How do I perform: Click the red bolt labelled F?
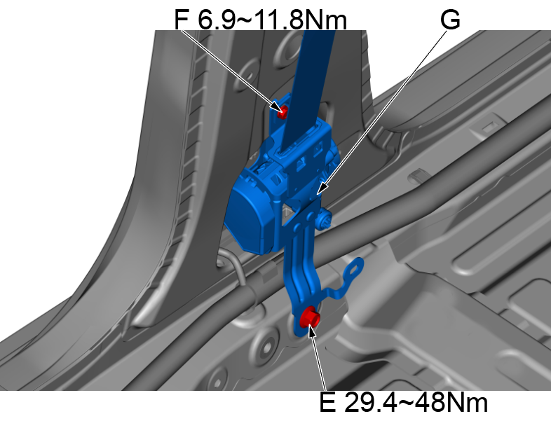tap(283, 111)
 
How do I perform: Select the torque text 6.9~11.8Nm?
tap(273, 20)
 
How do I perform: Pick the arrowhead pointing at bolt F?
tap(278, 106)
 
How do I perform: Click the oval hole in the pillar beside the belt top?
tap(287, 45)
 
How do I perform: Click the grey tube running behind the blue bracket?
tap(393, 231)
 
